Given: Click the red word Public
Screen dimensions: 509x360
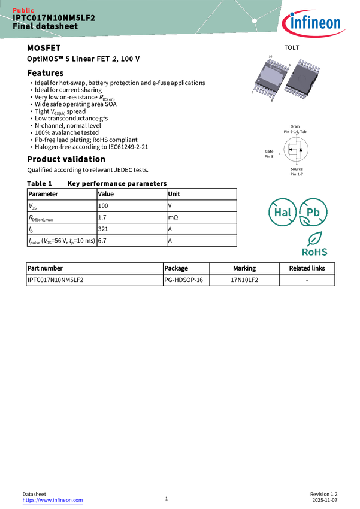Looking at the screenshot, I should point(23,10).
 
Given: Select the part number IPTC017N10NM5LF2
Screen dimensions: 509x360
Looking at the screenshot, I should point(54,18).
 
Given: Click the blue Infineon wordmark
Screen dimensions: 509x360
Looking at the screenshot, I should point(317,24).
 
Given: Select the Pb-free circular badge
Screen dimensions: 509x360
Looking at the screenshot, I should point(313,213).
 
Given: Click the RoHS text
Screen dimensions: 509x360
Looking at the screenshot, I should point(314,252).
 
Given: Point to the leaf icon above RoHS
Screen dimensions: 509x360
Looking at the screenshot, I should point(315,238).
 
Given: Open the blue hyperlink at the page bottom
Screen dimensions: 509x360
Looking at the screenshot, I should point(53,501).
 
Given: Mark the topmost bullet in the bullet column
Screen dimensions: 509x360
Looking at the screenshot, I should point(31,83).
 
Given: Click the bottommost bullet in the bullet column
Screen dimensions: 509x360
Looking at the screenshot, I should point(31,147).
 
